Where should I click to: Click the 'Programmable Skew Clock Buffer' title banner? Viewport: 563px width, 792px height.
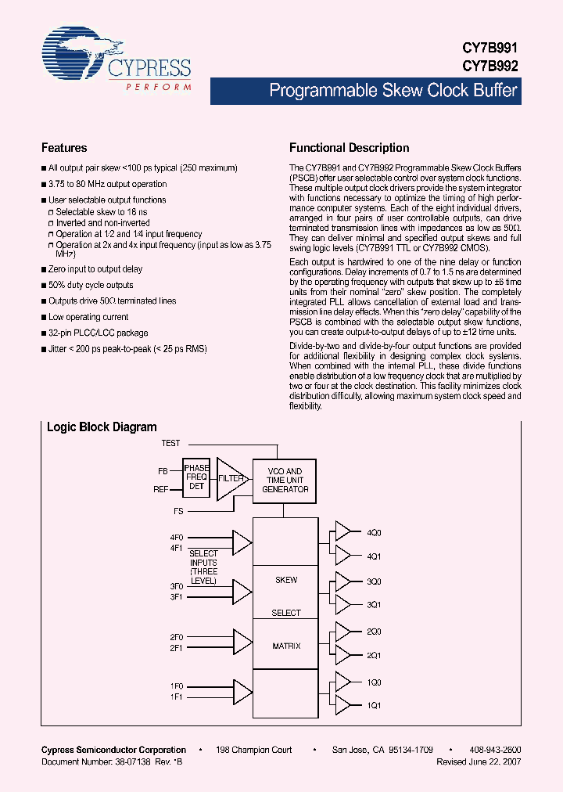click(393, 91)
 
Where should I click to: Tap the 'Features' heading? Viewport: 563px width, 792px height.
click(64, 148)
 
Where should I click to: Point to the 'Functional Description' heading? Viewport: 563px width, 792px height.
click(349, 148)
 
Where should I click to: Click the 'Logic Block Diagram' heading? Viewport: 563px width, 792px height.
click(102, 427)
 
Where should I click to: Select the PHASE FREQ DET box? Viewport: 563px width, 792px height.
click(196, 477)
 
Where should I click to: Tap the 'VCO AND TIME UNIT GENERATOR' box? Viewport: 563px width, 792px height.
click(285, 480)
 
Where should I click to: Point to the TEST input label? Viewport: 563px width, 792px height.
click(170, 444)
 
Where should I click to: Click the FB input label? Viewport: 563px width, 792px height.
click(163, 471)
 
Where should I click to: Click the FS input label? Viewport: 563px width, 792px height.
click(179, 510)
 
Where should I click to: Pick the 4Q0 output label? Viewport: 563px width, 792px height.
click(374, 532)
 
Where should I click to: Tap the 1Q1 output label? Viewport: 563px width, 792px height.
click(374, 706)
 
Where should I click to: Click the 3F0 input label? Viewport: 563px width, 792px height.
click(177, 586)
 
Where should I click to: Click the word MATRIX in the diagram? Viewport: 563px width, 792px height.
click(286, 646)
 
